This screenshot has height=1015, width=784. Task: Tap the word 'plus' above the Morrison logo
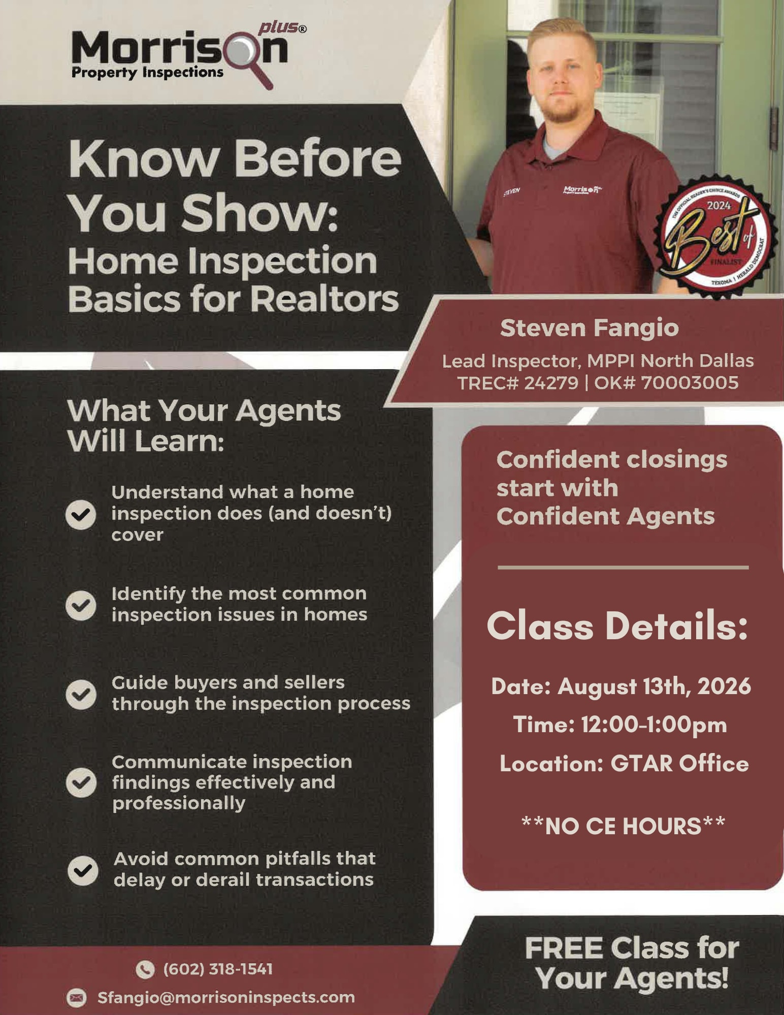tap(279, 27)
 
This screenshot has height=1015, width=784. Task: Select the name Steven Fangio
tap(589, 328)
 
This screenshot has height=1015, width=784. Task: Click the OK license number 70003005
tap(690, 382)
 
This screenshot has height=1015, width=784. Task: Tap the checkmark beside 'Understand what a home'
tap(81, 515)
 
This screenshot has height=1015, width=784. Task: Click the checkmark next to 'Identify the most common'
tap(81, 605)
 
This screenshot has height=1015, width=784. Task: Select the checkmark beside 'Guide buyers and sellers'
tap(81, 694)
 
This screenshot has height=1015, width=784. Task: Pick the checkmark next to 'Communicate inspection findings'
tap(81, 782)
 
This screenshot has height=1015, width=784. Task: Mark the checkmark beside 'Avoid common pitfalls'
tap(83, 870)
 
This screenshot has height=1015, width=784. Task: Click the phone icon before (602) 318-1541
tap(145, 969)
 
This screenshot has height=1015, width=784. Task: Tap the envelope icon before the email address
tap(76, 998)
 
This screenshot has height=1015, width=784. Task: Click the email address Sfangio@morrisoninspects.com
tap(226, 997)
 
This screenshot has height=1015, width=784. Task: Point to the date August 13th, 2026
tap(654, 686)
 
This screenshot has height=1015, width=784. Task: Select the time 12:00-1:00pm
tap(654, 725)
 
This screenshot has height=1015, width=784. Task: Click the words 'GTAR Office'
tap(679, 763)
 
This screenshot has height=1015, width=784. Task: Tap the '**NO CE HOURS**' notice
tap(624, 826)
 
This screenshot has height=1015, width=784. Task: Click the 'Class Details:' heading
tap(617, 626)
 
